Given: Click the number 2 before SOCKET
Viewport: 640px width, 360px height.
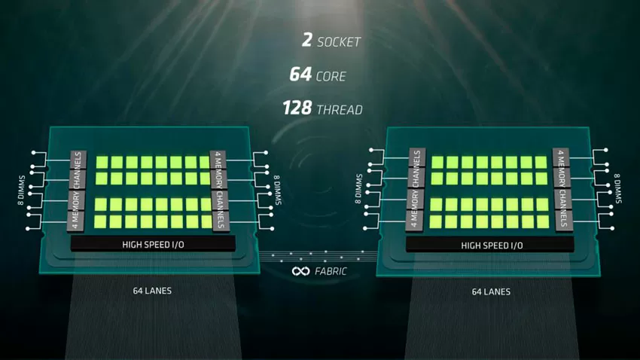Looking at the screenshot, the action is click(x=307, y=40).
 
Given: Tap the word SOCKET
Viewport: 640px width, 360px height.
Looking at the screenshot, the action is click(x=339, y=41).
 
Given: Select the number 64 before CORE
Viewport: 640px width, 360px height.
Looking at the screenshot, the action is click(x=300, y=75).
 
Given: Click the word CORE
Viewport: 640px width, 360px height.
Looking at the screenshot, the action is click(x=331, y=76).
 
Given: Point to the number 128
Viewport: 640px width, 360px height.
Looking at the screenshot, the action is click(x=297, y=108).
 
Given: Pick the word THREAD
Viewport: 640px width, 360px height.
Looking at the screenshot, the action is click(x=340, y=110).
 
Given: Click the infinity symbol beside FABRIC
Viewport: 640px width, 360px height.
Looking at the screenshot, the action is click(x=301, y=271).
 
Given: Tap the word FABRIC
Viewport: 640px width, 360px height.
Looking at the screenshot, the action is click(x=331, y=271).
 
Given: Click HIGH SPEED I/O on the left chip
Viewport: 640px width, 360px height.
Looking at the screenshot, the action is click(x=153, y=245).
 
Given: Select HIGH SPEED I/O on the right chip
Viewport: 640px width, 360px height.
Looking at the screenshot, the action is click(x=492, y=246).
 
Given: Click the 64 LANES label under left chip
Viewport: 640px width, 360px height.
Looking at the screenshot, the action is click(x=152, y=291).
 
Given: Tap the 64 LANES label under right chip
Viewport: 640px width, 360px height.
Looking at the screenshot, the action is click(x=491, y=291).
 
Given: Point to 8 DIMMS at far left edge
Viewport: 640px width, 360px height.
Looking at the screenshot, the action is click(x=21, y=191).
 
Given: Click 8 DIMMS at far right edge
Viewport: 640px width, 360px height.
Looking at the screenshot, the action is click(x=617, y=188).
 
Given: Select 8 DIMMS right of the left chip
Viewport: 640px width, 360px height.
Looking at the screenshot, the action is click(x=278, y=191).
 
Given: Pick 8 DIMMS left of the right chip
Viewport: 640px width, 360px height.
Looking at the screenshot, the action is click(x=358, y=188).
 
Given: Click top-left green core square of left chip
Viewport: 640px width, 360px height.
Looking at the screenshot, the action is click(x=102, y=162).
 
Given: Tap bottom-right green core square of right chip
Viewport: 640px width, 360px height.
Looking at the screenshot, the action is click(x=543, y=221).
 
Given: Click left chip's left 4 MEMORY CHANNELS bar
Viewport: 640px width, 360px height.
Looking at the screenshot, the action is click(x=77, y=191).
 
